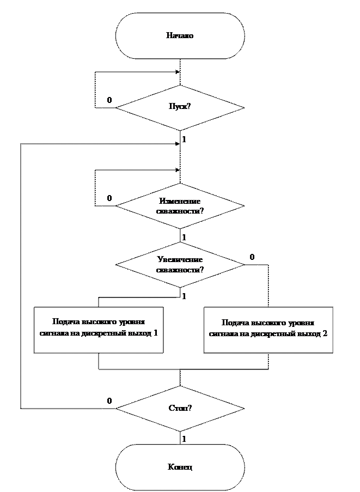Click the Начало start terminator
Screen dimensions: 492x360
click(180, 36)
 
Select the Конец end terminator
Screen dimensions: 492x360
click(180, 467)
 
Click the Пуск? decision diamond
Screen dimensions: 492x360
click(180, 107)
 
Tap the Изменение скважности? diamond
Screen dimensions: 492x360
click(180, 205)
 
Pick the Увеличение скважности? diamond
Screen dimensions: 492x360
click(180, 264)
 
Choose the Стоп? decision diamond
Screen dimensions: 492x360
click(180, 408)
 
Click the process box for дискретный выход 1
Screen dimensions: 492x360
click(99, 330)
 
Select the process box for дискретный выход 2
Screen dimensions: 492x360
click(268, 330)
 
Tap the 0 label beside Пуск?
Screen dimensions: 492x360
click(109, 100)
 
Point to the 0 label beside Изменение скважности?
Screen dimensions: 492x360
click(109, 198)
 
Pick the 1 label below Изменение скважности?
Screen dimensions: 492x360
click(184, 237)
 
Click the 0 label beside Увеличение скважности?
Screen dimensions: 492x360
click(252, 256)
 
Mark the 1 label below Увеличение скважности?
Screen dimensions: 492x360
click(184, 296)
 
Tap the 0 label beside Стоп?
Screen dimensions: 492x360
click(109, 401)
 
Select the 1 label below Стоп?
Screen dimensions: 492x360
click(184, 439)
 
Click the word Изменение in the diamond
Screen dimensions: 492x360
click(180, 201)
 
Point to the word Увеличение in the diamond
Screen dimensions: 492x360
click(180, 260)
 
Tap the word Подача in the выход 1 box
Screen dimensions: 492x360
click(64, 321)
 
